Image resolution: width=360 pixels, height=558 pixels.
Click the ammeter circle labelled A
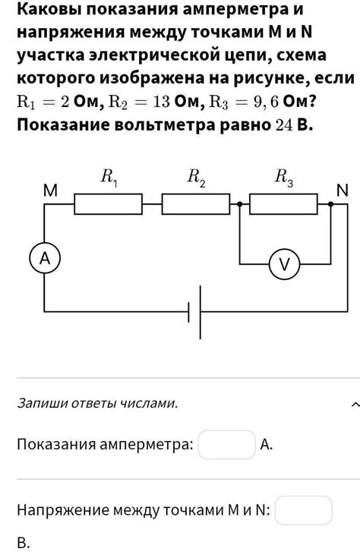[45, 259]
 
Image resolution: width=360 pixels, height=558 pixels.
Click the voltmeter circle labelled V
[285, 264]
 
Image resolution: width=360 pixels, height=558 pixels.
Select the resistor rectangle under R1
[108, 204]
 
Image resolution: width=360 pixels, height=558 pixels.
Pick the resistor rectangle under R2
[196, 204]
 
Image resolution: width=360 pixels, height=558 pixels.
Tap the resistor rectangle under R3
[283, 204]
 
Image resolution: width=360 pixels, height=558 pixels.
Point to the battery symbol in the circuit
[195, 311]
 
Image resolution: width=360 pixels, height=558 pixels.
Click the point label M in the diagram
[50, 192]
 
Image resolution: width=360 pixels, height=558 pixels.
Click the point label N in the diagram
[343, 191]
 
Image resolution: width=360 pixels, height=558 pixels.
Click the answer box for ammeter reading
[226, 445]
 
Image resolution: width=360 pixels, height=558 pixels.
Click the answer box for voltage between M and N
[304, 510]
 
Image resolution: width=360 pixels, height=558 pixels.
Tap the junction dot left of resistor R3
[240, 204]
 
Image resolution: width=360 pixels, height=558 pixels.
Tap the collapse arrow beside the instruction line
[355, 404]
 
